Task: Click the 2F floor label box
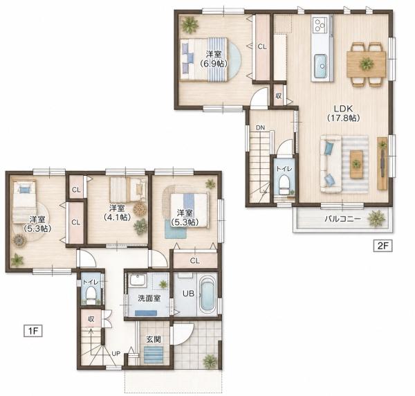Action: [x=382, y=246]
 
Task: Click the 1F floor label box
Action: [x=33, y=331]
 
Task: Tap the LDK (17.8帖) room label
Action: [x=344, y=113]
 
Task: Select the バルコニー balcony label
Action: [x=342, y=219]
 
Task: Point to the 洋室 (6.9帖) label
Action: [x=214, y=59]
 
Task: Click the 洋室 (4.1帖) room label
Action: [x=117, y=213]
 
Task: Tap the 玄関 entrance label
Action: [x=154, y=339]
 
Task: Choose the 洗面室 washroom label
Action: [x=149, y=298]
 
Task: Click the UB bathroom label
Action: [x=188, y=294]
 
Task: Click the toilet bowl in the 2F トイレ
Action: [x=284, y=184]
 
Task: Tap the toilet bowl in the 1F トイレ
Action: [x=91, y=295]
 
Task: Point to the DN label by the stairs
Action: [x=260, y=127]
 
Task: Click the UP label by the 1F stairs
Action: [x=116, y=353]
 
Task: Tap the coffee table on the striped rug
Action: [x=356, y=163]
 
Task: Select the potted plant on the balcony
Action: [x=376, y=219]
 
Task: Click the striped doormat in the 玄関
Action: [x=154, y=354]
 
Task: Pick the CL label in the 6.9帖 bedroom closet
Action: [x=262, y=46]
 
